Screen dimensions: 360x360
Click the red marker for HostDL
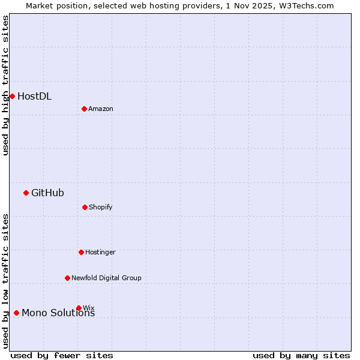pos(12,96)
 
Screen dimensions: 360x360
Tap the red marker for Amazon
pos(84,109)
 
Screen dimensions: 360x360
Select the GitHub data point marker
pos(26,193)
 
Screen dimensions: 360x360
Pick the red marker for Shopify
pos(85,207)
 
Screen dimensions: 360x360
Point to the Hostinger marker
pos(81,252)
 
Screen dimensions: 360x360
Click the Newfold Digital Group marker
pos(67,278)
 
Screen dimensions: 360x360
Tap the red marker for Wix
pos(79,308)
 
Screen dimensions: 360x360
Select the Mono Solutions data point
pos(16,313)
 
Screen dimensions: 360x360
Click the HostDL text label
pos(34,96)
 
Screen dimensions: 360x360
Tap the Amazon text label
pos(101,109)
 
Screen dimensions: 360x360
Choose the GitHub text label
pos(47,193)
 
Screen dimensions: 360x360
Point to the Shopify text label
pos(101,207)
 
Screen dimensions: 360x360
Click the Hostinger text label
pos(100,252)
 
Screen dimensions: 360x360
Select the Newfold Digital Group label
pos(106,278)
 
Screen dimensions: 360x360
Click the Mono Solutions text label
pos(58,313)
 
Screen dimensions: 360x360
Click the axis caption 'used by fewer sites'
pos(62,355)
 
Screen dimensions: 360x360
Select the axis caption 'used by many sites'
pos(301,355)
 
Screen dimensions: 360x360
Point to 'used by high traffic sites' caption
pos(5,85)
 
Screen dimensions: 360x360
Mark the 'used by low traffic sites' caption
pos(5,281)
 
